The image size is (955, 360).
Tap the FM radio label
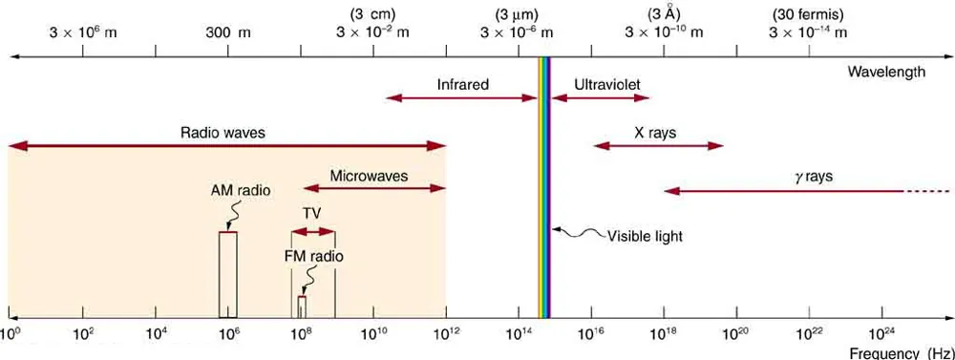coord(313,256)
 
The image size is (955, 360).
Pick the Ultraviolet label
coord(601,85)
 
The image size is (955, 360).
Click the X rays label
coord(655,133)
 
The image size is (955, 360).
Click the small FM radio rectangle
coord(302,307)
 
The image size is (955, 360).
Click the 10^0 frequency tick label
coord(11,334)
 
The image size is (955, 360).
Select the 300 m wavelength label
coord(228,32)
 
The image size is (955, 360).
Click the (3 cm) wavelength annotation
coord(372,14)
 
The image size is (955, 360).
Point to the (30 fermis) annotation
coord(807,14)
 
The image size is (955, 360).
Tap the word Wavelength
coord(887,73)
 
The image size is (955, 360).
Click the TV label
coord(312,214)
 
